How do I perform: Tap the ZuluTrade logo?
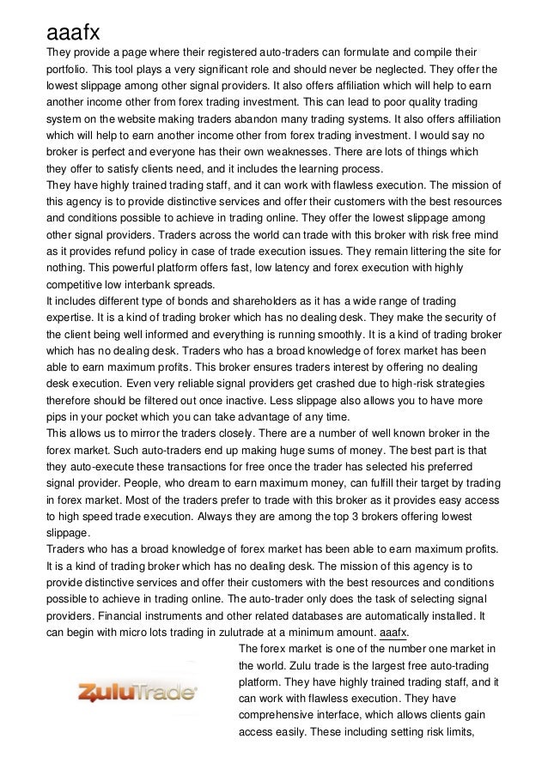[x=138, y=692]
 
